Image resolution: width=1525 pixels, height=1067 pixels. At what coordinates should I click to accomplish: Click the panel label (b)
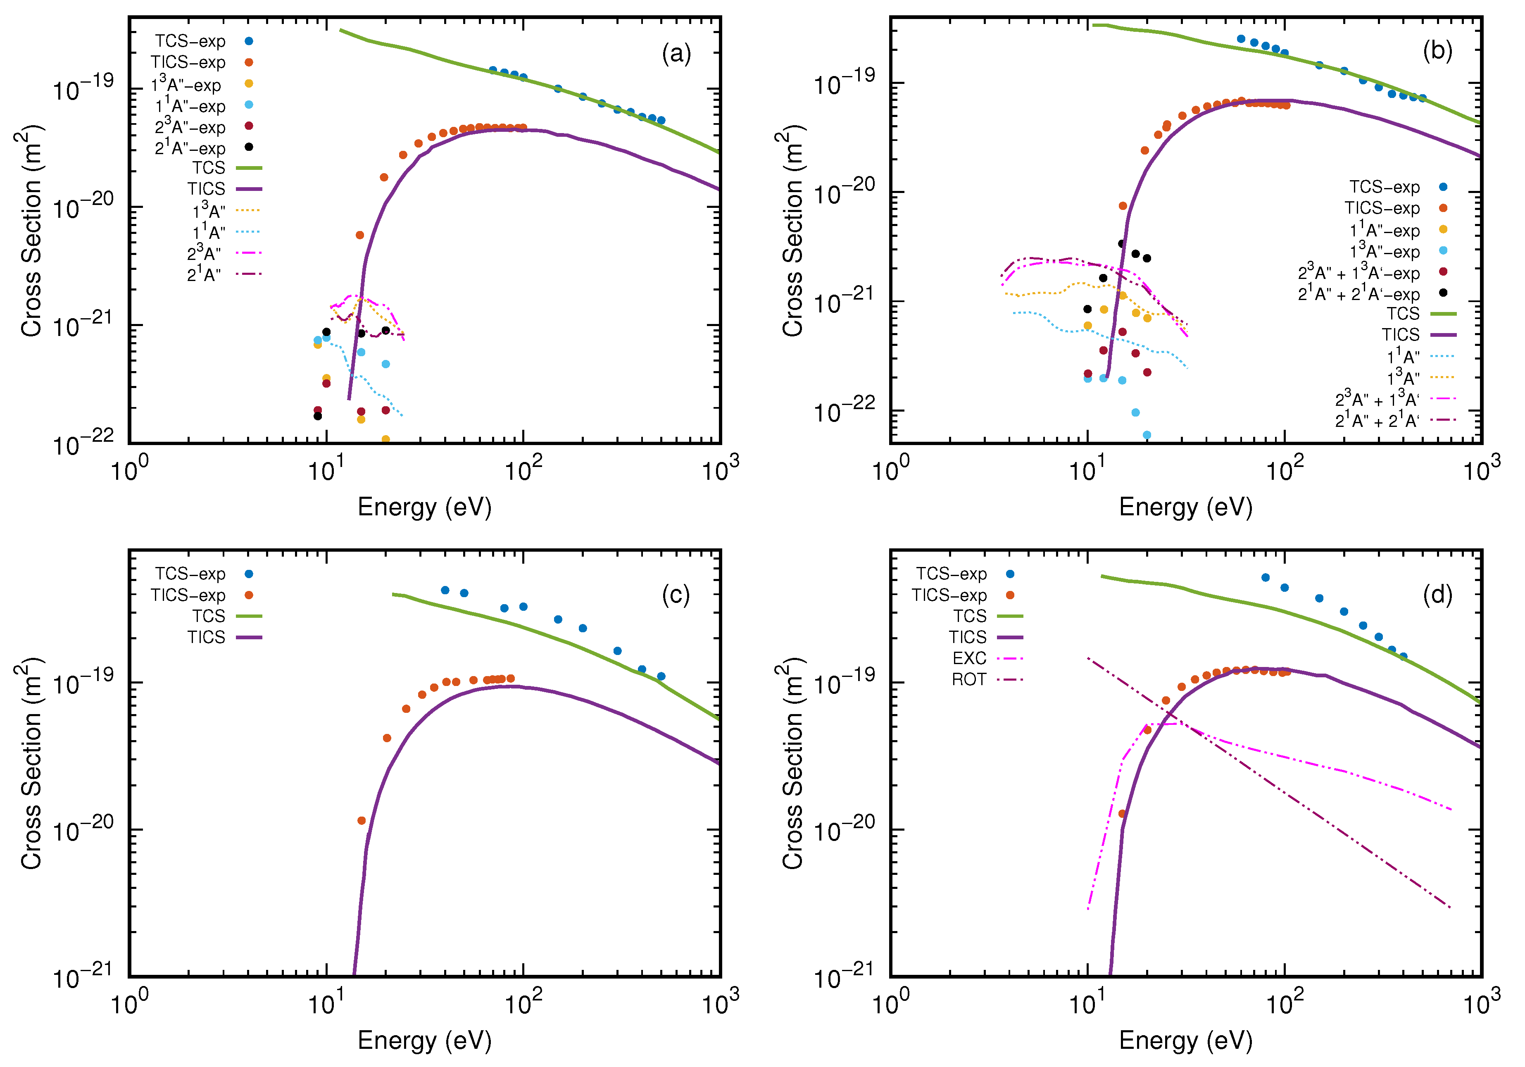point(1437,51)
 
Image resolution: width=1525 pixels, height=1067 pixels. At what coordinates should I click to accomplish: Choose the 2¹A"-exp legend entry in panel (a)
point(190,148)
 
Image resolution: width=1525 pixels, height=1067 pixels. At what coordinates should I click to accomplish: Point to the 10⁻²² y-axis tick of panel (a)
point(83,443)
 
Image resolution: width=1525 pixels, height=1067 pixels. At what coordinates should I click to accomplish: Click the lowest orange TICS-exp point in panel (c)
point(362,821)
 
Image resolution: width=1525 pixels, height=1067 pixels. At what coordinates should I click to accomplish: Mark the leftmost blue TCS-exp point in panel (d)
point(1265,577)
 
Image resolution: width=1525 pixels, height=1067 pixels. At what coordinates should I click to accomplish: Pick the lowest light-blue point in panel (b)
point(1147,435)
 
